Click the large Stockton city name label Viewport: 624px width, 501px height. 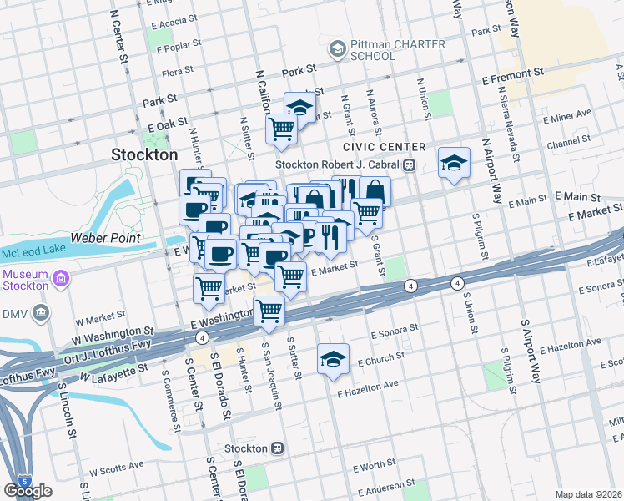[x=144, y=154]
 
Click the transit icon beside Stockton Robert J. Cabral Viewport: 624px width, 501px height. [x=410, y=164]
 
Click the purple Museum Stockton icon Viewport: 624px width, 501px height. [x=60, y=277]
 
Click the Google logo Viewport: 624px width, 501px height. [x=28, y=491]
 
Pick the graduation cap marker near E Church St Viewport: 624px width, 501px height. [x=333, y=359]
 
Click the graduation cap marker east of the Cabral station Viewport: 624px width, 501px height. [x=455, y=163]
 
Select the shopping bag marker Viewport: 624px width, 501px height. [x=375, y=191]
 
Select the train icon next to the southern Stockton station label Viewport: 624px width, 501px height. [x=278, y=448]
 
